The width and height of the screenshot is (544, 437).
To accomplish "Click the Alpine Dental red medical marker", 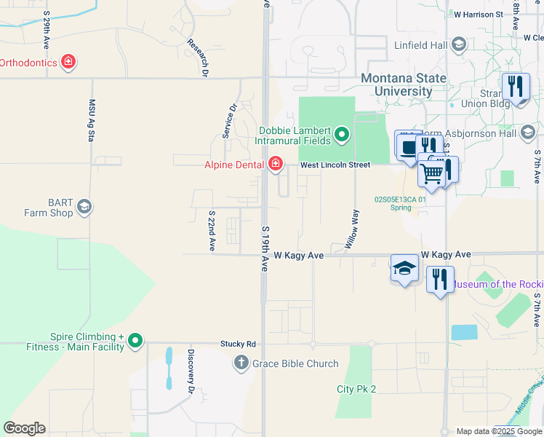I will (x=275, y=164).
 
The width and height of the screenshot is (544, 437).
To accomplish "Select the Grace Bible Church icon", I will (x=241, y=363).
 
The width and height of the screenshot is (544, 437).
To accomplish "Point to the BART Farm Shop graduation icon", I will (x=84, y=208).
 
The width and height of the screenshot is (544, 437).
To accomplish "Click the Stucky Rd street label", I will (x=239, y=343).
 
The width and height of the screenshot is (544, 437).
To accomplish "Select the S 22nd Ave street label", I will (x=212, y=232).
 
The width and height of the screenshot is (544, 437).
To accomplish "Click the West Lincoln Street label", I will (x=335, y=165).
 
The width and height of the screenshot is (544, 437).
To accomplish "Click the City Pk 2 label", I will (x=356, y=390).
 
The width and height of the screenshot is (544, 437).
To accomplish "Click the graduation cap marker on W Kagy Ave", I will (x=404, y=268).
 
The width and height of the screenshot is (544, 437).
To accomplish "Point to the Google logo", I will (x=24, y=428).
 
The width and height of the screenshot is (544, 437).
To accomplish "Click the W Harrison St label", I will (x=478, y=14).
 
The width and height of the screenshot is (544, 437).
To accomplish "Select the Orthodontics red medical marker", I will (x=68, y=62).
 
